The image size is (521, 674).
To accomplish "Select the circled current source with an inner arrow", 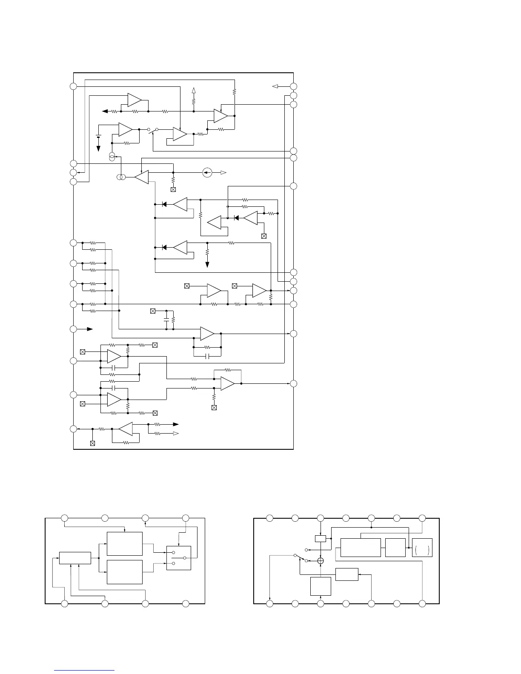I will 207,173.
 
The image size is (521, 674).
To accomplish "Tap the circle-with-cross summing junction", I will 321,561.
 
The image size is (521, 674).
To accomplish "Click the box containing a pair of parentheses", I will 422,547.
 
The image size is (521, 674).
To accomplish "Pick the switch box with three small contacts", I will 179,558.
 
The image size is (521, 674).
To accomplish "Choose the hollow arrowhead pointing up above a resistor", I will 194,90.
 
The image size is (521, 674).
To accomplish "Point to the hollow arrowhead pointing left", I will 275,86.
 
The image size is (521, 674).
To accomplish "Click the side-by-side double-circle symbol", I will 120,177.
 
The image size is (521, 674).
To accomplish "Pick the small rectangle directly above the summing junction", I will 321,539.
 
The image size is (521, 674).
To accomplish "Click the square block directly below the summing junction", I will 321,586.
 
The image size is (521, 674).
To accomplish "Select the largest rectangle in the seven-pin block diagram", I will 361,547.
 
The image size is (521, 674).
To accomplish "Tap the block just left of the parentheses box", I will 395,547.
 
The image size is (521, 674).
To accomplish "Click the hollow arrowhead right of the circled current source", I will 223,173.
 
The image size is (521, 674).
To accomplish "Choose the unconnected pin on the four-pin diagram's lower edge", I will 186,603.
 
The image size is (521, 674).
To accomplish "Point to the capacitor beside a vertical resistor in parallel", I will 166,320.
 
